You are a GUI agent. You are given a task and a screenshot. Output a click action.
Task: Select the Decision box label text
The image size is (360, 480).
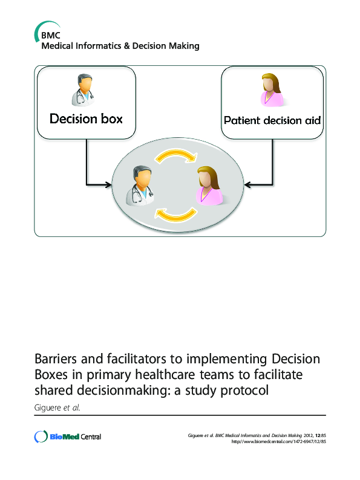(x=86, y=118)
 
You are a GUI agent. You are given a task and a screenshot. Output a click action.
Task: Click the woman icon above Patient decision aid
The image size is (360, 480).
(x=271, y=90)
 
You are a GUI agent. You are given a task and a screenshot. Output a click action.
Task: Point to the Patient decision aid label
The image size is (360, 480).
(x=272, y=120)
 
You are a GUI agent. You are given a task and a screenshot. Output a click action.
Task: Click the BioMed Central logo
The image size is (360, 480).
(x=68, y=436)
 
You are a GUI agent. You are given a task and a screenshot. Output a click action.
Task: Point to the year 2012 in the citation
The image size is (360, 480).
(x=304, y=434)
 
